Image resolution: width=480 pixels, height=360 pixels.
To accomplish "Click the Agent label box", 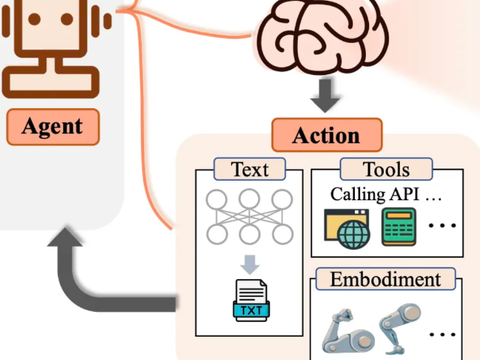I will (52, 125).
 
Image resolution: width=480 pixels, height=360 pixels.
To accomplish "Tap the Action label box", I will (326, 135).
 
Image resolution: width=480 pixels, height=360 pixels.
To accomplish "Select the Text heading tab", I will (250, 169).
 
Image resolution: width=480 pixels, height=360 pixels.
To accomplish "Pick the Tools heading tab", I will (386, 169).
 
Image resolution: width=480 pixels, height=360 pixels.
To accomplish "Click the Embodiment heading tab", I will (385, 280).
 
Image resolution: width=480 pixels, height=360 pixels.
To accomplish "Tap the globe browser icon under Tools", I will (346, 229).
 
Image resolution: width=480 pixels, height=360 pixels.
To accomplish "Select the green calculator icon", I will (398, 227).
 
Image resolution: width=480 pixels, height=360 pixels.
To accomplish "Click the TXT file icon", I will (250, 299).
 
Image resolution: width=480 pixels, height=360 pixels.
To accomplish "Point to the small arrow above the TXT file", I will (250, 264).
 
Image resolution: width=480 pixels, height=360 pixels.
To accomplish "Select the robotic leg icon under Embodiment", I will (397, 325).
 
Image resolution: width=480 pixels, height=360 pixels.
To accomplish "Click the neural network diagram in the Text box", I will (250, 217).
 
